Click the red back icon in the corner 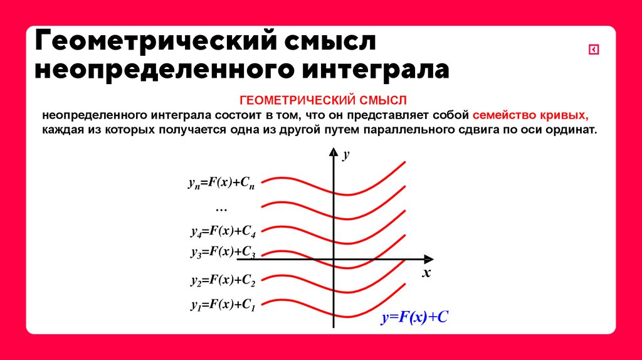pyautogui.click(x=593, y=50)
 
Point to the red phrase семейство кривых pyautogui.click(x=530, y=115)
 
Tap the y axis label pyautogui.click(x=345, y=154)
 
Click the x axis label pyautogui.click(x=426, y=273)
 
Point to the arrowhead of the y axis pyautogui.click(x=334, y=152)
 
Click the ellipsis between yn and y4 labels pyautogui.click(x=221, y=208)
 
